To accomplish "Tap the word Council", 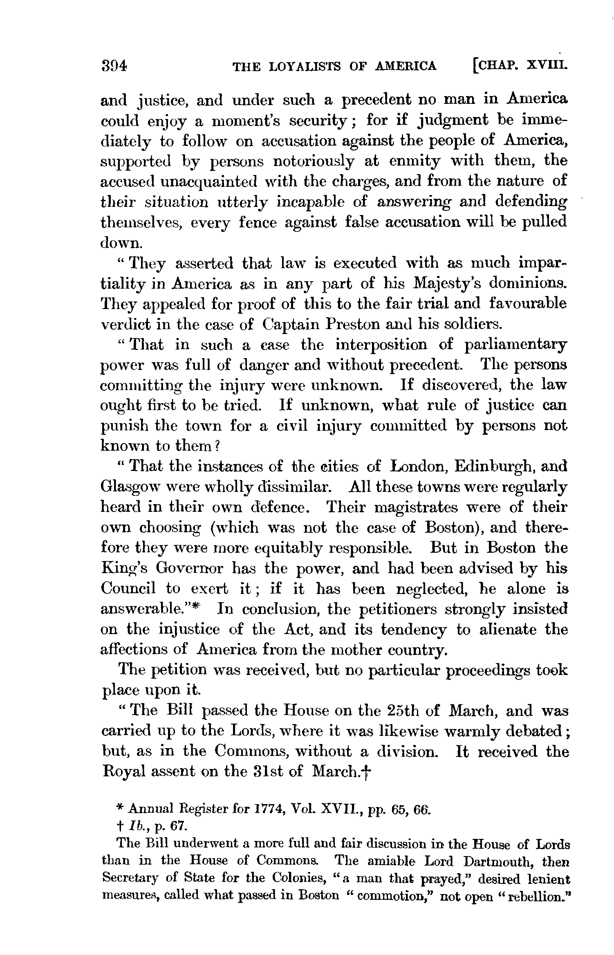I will (128, 589).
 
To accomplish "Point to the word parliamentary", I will (516, 345).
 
